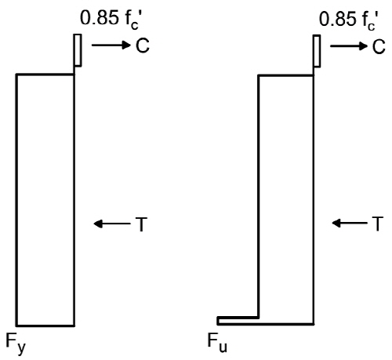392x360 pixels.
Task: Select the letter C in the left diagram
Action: (x=143, y=45)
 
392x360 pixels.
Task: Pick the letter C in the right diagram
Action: (x=379, y=47)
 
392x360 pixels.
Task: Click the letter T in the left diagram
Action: (x=141, y=224)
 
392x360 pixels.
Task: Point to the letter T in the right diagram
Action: (x=377, y=224)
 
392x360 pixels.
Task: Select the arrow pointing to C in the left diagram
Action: (x=111, y=45)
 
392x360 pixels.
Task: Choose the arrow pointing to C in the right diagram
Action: (x=349, y=46)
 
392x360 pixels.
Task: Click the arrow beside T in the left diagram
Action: (x=112, y=224)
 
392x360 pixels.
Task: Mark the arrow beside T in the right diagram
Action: (x=350, y=224)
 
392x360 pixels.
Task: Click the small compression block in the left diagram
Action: (x=78, y=50)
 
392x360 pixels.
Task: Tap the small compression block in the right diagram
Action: (x=317, y=51)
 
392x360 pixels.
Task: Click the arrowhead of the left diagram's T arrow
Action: (x=98, y=224)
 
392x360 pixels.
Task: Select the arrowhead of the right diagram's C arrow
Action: (x=363, y=46)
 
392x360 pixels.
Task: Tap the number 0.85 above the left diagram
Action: (x=99, y=18)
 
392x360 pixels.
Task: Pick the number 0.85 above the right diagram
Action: (x=338, y=19)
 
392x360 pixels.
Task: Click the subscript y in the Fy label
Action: (x=21, y=347)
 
